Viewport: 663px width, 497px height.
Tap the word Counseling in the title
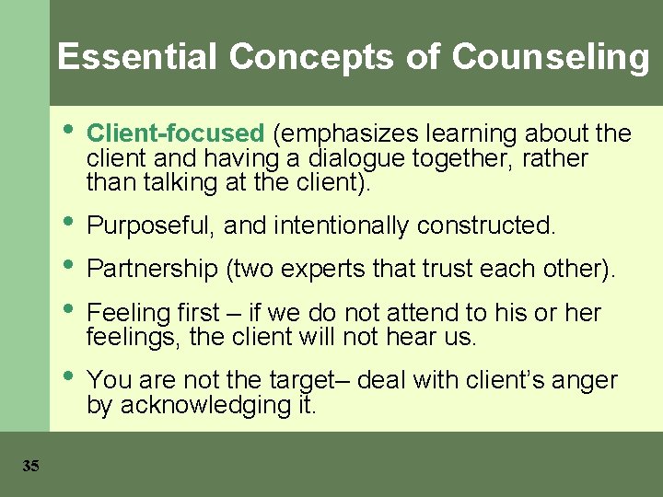coord(551,57)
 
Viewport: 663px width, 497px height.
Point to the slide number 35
coord(30,467)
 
